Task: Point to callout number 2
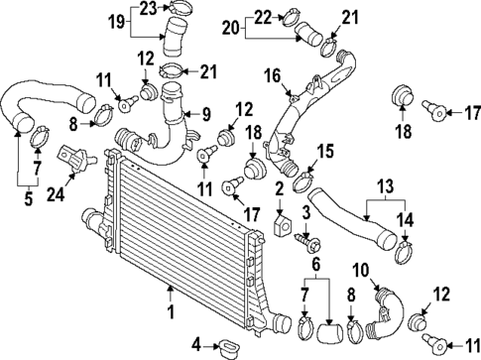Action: coord(280,189)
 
